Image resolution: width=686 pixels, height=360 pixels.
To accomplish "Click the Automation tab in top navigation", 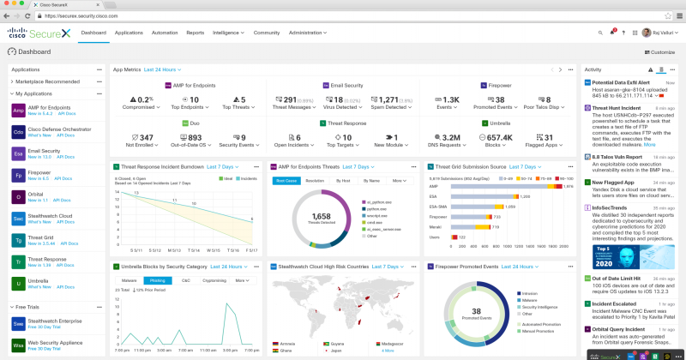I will coord(164,32).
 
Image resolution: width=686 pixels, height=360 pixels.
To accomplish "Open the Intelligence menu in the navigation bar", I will coord(226,32).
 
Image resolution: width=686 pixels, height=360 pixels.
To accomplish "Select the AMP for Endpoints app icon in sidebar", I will coord(18,110).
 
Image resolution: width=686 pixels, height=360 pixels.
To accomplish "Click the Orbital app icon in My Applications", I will coord(18,195).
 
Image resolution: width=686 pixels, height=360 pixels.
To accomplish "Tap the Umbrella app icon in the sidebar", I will coord(18,282).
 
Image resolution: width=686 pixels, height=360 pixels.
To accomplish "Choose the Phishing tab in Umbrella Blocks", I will coord(157,280).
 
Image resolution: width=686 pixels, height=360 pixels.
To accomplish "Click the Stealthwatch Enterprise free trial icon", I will coord(18,324).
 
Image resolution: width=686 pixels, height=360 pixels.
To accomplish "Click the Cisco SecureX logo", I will coord(41,33).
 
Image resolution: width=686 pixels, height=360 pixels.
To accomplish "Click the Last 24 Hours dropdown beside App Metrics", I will coord(162,69).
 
